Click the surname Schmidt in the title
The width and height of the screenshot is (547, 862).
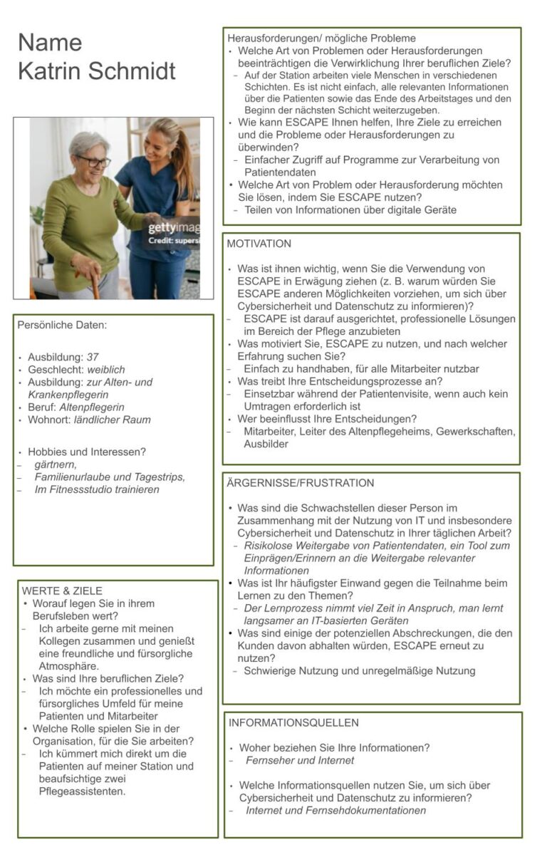click(133, 71)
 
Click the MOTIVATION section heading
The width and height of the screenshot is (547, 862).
click(259, 244)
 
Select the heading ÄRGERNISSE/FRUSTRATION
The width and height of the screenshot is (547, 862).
click(301, 483)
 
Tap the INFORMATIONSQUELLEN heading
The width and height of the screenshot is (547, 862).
click(293, 722)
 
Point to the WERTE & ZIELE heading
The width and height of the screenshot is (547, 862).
click(62, 591)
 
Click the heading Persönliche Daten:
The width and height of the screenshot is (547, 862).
click(63, 325)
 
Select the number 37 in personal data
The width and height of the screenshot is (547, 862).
click(93, 357)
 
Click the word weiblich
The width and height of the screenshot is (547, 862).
click(106, 370)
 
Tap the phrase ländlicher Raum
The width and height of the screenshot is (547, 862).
click(113, 420)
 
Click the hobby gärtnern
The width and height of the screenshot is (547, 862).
click(56, 464)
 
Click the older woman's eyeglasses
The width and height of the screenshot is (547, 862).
click(94, 161)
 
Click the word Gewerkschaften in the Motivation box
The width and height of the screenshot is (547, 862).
click(478, 432)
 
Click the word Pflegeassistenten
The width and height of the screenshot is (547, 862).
click(82, 791)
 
